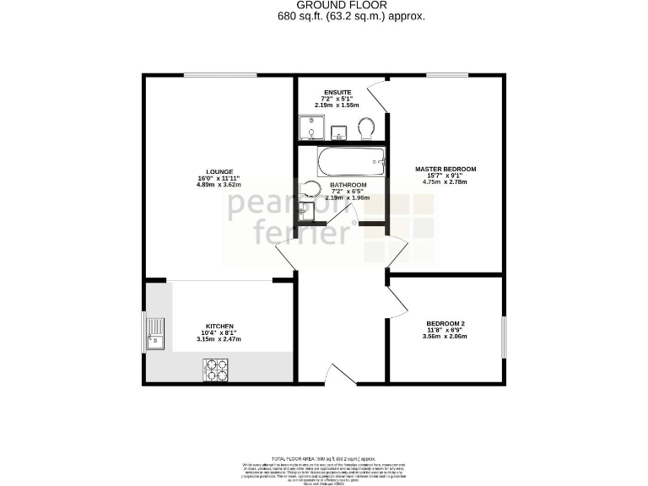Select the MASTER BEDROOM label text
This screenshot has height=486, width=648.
point(445,169)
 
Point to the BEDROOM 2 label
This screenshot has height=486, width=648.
point(445,324)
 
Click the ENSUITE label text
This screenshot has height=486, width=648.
point(337,91)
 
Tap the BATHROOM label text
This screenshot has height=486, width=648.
point(348,185)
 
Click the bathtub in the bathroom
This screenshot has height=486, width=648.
point(350,159)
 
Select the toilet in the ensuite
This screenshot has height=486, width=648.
point(365,129)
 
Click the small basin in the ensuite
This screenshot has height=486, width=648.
point(337,132)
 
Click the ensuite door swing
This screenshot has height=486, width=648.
point(377,97)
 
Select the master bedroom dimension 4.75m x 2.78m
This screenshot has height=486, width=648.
point(445,182)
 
